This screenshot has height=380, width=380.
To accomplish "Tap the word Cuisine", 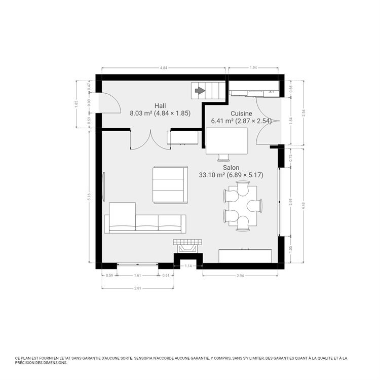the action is click(241, 113).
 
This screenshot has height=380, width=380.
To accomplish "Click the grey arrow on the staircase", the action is click(200, 91).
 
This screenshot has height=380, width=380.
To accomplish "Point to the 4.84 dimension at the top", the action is click(164, 68).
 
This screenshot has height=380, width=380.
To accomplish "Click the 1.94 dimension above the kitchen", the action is click(253, 67).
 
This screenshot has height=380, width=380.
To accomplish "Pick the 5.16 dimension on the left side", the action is click(89, 197).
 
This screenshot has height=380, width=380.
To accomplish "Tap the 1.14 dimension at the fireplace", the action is click(188, 266).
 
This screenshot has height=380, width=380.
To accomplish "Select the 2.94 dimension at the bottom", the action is click(240, 276).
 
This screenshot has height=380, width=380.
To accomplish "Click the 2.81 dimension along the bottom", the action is click(137, 288).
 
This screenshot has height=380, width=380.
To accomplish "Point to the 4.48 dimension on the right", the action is click(303, 206).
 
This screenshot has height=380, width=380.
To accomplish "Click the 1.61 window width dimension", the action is click(137, 275).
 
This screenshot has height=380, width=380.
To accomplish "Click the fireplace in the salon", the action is click(187, 246).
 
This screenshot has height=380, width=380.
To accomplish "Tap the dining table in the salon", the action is click(243, 206).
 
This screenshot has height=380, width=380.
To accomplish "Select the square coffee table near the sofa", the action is click(170, 184).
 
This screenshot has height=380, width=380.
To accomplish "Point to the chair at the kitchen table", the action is click(223, 158).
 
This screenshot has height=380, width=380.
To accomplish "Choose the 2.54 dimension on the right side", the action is click(303, 113).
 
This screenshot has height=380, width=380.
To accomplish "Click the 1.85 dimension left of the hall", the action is click(76, 104).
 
